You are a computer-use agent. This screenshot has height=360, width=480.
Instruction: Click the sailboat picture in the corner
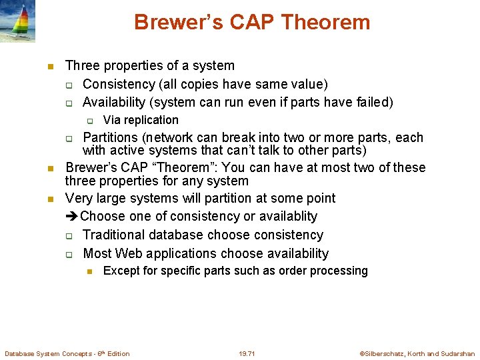18,21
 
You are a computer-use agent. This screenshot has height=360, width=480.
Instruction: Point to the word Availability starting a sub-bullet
115,102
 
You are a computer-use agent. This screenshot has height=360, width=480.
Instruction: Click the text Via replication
141,120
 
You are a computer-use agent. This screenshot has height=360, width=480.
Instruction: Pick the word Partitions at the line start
109,138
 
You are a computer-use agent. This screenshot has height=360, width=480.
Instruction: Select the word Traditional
114,235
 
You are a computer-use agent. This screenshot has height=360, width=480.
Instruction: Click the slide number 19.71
247,353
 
